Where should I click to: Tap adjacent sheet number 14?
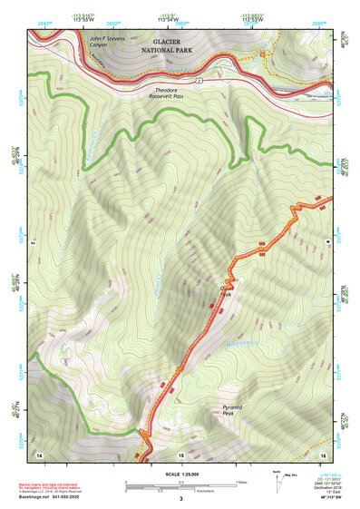(x=39, y=454)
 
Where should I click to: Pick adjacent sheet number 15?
(x=180, y=454)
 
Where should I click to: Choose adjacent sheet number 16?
(x=322, y=454)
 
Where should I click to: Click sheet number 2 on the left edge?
(x=32, y=244)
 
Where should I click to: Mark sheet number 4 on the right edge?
(x=328, y=244)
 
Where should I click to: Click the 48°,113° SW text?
(x=317, y=497)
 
